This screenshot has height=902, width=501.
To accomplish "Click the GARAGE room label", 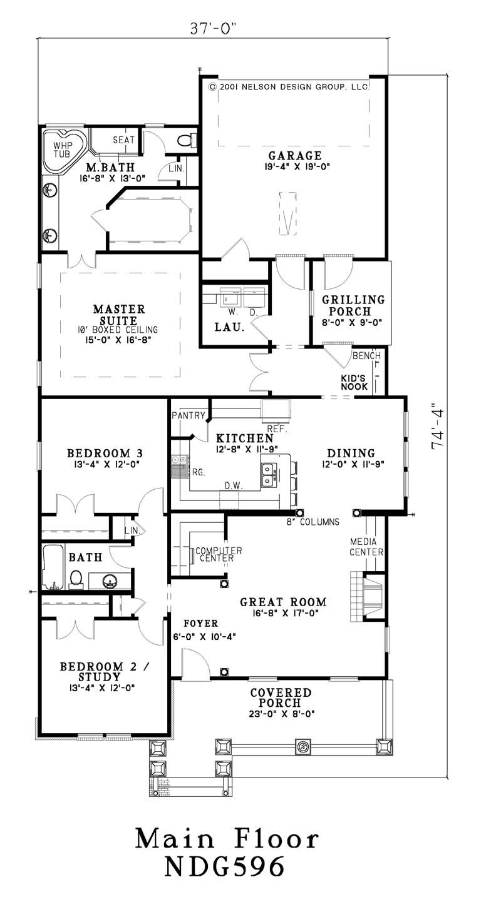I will [x=295, y=156].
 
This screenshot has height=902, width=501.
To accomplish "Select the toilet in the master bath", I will [x=186, y=140].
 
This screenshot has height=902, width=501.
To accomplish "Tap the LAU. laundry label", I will [x=229, y=327].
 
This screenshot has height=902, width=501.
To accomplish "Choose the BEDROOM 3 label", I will [x=100, y=453].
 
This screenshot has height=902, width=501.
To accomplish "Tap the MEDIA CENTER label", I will [x=366, y=546].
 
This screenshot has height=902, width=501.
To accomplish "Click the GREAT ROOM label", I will [x=283, y=602].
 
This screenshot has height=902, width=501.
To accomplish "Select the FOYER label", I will [x=200, y=624].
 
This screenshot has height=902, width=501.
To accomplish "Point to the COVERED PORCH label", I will [x=281, y=698].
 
